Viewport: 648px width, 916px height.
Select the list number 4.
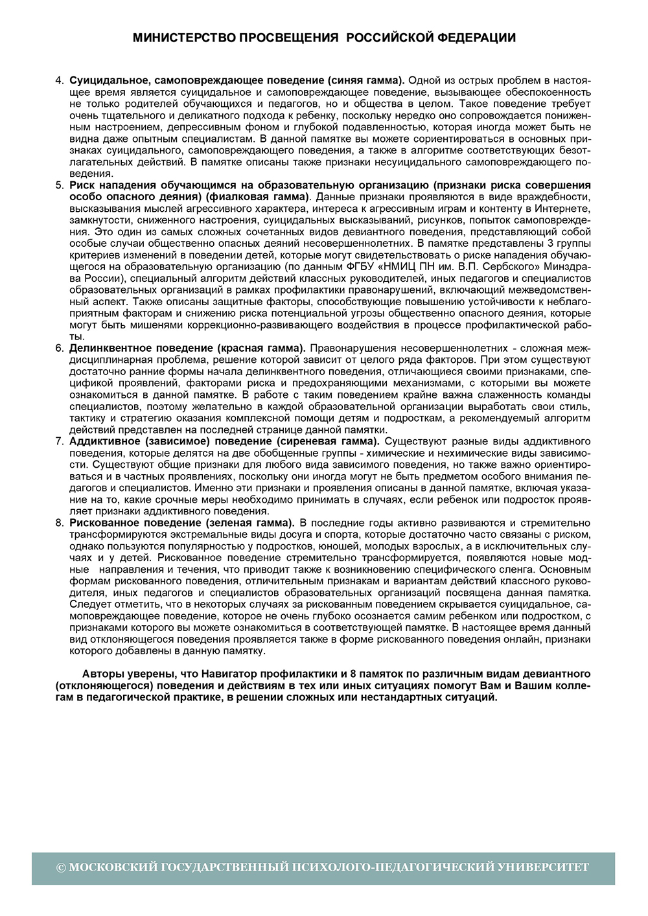click(x=60, y=80)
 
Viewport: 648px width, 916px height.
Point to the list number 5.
click(x=60, y=185)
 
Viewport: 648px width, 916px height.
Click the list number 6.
click(x=60, y=348)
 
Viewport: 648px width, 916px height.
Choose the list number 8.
click(x=60, y=522)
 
